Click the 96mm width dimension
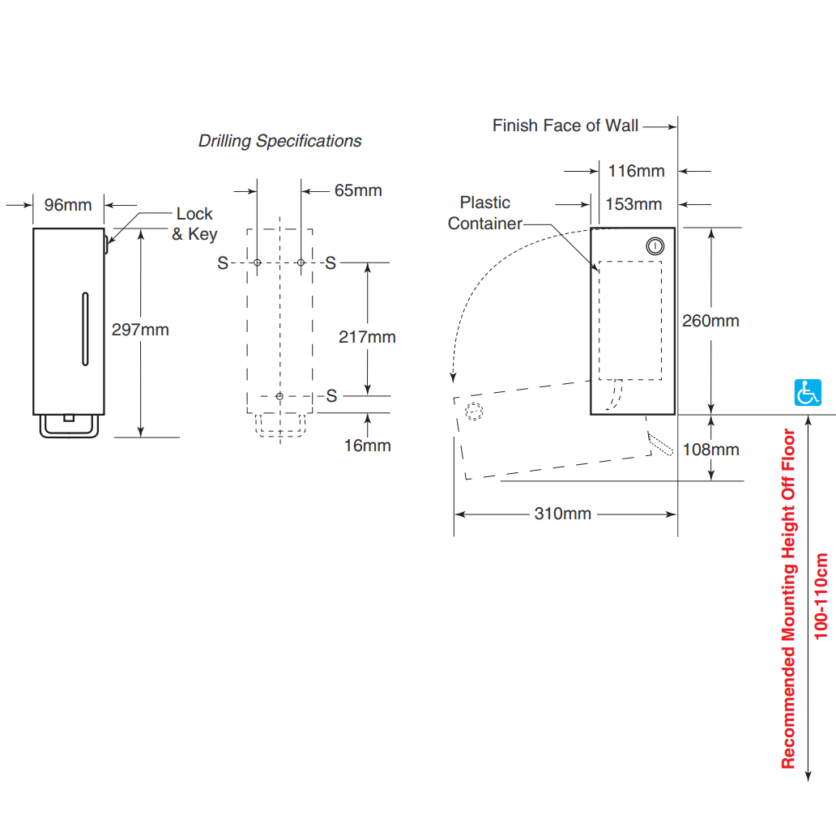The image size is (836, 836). (68, 205)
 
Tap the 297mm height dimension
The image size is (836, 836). (140, 330)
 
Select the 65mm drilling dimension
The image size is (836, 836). (358, 190)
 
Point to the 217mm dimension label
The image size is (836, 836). (367, 337)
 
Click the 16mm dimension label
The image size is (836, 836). (367, 446)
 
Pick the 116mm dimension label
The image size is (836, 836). (637, 171)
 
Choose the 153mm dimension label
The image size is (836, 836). (633, 204)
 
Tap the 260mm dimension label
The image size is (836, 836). (710, 321)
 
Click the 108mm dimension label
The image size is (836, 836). (710, 450)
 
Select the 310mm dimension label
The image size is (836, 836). (563, 514)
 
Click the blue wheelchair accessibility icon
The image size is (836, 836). (808, 393)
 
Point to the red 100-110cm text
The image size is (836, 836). (821, 596)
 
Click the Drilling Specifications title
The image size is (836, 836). (280, 141)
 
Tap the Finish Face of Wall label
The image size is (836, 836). (565, 126)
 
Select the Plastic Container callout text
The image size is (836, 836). (484, 213)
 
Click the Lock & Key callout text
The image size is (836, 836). (194, 224)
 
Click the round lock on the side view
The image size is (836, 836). (655, 246)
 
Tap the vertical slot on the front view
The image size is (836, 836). (85, 329)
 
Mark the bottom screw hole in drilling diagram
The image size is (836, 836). (279, 396)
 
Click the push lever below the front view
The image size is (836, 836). (69, 426)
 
